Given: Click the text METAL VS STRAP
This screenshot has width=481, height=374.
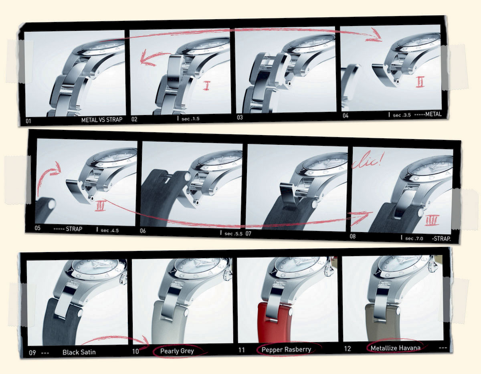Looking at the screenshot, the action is pos(102,120).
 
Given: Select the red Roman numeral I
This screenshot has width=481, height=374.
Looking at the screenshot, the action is pos(206,86).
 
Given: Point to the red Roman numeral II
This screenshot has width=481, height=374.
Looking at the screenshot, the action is pos(420,82).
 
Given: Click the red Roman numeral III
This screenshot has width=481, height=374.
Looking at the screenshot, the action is pos(100,206).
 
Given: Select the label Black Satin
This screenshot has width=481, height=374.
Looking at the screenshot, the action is pos(79,352).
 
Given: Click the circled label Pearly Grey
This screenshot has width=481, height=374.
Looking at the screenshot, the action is pos(177,351).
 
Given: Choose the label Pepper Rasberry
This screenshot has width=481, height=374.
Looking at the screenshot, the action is pos(286,350).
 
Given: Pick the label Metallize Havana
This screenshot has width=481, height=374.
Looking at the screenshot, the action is pos(396,348).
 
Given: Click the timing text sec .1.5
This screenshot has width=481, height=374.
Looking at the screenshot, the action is pos(190,119).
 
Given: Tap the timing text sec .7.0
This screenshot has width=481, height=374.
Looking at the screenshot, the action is pos(414,239).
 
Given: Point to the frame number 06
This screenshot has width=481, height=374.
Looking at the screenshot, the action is pos(143,231).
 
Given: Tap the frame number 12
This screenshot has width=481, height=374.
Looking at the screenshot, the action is pos(347,349).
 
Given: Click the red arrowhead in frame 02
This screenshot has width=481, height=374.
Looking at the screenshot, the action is pos(145,59).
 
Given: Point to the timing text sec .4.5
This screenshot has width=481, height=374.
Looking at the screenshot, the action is pos(109,230).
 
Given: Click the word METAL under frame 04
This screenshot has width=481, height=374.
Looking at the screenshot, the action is pos(433,114).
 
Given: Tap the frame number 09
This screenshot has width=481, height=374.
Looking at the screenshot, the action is pos(32,352).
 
